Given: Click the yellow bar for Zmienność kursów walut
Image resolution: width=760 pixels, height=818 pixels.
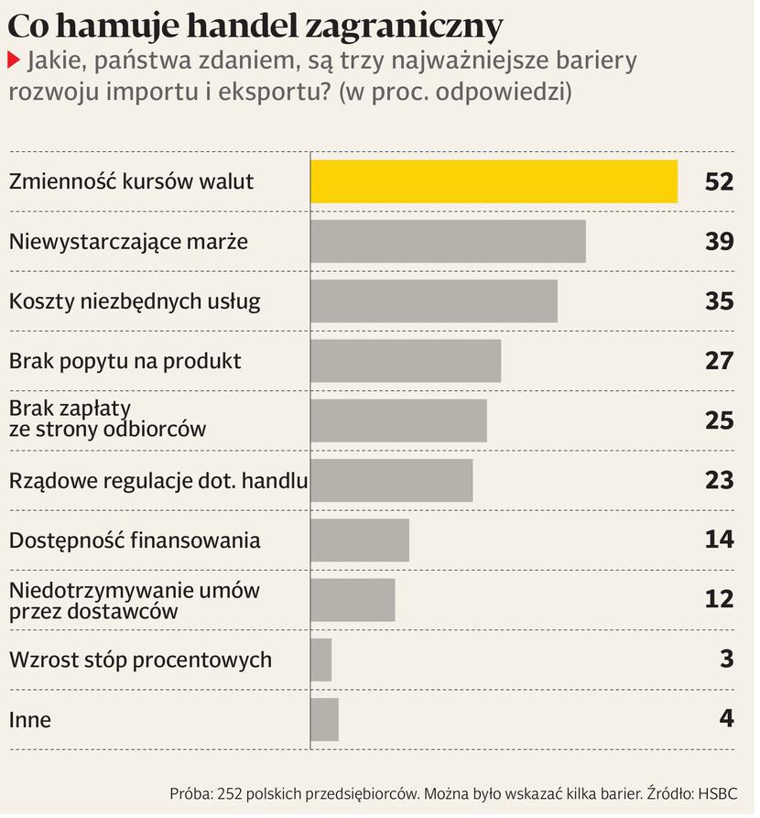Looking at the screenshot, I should coord(494,181).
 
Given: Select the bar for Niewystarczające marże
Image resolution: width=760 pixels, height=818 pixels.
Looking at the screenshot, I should coord(448,241).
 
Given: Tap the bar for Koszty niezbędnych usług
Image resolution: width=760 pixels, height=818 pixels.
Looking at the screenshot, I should coord(434,301).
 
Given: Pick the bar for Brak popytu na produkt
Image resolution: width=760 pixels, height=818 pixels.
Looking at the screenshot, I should coord(406,361).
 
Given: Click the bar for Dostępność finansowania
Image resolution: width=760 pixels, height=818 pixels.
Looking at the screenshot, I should coord(360,540).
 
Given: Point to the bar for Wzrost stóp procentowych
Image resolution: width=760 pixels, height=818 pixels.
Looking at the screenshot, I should coord(321,660).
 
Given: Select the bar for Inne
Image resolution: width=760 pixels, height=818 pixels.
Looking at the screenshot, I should coord(325,719).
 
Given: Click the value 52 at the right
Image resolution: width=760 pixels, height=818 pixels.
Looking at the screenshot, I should coord(719,181).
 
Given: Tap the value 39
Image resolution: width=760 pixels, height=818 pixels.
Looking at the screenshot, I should coord(719,241).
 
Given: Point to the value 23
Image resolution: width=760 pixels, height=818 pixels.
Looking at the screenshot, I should coord(719,480).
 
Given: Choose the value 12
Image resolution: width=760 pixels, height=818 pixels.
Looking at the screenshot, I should coord(719,599).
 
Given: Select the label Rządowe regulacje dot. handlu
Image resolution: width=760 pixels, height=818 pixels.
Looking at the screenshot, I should coord(157,480).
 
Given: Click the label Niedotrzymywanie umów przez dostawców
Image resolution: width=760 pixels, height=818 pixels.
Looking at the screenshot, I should coord(134,600).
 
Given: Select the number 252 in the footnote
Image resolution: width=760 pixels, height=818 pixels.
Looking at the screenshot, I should coord(230,793).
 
